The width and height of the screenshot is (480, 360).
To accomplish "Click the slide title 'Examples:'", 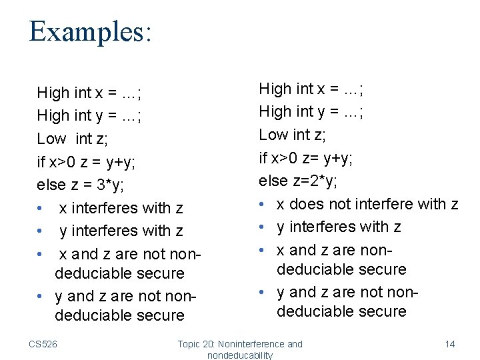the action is pos(90,31).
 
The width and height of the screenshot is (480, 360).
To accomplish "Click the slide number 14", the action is pos(450,344).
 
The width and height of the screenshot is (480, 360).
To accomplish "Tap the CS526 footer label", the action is pos(43,344).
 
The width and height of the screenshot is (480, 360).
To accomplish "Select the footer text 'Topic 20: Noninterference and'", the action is pos(239,344).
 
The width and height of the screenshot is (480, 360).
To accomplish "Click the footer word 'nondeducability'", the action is pos(240,355).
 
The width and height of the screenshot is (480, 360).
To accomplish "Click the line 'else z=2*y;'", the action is pos(307,181).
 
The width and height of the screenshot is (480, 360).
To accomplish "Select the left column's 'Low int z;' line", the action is pos(73,138).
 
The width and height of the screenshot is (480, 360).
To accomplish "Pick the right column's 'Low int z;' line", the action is pos(292,135).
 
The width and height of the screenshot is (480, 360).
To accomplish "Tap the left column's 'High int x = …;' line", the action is pos(89,93).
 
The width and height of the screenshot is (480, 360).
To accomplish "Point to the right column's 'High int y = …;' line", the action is pos(311,111).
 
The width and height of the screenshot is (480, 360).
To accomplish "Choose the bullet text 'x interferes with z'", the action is pos(121,208).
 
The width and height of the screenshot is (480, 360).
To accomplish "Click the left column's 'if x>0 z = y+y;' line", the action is pos(96,161).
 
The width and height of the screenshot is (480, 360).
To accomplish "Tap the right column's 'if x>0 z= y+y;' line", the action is pos(306,158).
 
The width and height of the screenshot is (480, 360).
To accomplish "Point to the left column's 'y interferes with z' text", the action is pos(121,231).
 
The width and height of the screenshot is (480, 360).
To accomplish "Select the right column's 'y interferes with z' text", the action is pos(339,227).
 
